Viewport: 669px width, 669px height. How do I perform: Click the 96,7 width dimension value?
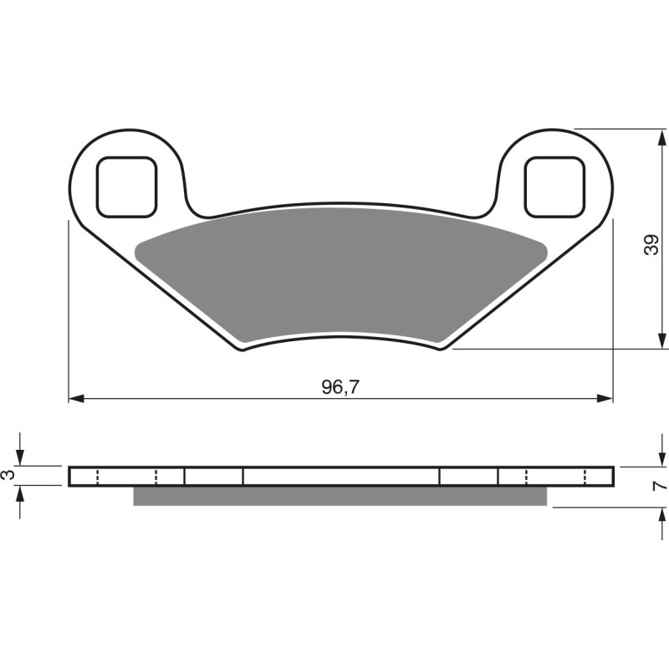[x=340, y=386]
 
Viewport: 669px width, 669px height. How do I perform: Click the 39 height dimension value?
[x=652, y=244]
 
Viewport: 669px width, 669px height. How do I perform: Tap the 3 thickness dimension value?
[x=8, y=476]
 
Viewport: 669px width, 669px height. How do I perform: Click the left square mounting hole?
[x=126, y=186]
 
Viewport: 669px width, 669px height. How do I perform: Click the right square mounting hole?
[x=553, y=186]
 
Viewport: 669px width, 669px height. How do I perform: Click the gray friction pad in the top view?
[x=334, y=272]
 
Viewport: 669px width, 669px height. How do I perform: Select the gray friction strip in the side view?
[x=340, y=496]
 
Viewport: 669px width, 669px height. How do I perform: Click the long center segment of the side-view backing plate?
[x=340, y=476]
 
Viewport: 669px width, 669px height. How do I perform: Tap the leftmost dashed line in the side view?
[x=98, y=477]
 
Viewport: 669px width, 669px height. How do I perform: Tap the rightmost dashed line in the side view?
[x=585, y=477]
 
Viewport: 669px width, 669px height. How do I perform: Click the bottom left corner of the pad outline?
[x=243, y=349]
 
